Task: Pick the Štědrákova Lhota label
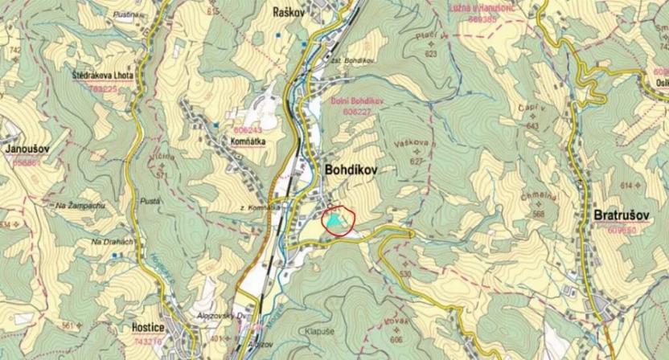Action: pos(102,75)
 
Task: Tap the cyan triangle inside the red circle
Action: pos(337,219)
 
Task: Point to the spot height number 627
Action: pos(415,162)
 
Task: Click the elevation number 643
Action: pos(532,126)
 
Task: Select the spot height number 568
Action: pos(538,214)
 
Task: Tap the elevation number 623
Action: pos(430,54)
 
